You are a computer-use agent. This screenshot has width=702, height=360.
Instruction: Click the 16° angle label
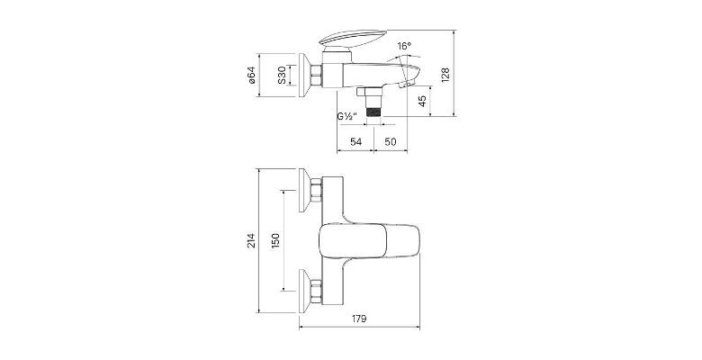[x=404, y=46]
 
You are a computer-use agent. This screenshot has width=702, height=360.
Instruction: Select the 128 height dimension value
[x=445, y=75]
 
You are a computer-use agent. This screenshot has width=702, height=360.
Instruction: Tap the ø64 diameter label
[x=251, y=75]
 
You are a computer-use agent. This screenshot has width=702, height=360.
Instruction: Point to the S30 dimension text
[x=281, y=75]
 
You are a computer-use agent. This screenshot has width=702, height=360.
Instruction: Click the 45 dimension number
[x=422, y=101]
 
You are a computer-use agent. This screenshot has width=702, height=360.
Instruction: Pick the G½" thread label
[x=347, y=116]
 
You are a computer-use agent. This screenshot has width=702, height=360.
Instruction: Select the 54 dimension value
[x=355, y=142]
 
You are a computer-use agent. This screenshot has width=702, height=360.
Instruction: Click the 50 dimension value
[x=391, y=142]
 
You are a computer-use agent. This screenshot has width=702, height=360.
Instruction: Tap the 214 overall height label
[x=251, y=240]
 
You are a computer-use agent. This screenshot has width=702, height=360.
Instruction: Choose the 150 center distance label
[x=275, y=240]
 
